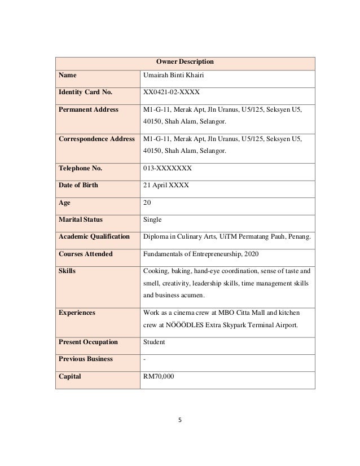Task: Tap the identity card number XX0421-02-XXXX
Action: [172, 92]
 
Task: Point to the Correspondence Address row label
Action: [96, 139]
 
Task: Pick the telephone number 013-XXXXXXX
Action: [168, 168]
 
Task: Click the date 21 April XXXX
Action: [166, 185]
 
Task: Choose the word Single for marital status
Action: [153, 219]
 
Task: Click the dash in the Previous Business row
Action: [145, 359]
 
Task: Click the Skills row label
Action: [67, 271]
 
